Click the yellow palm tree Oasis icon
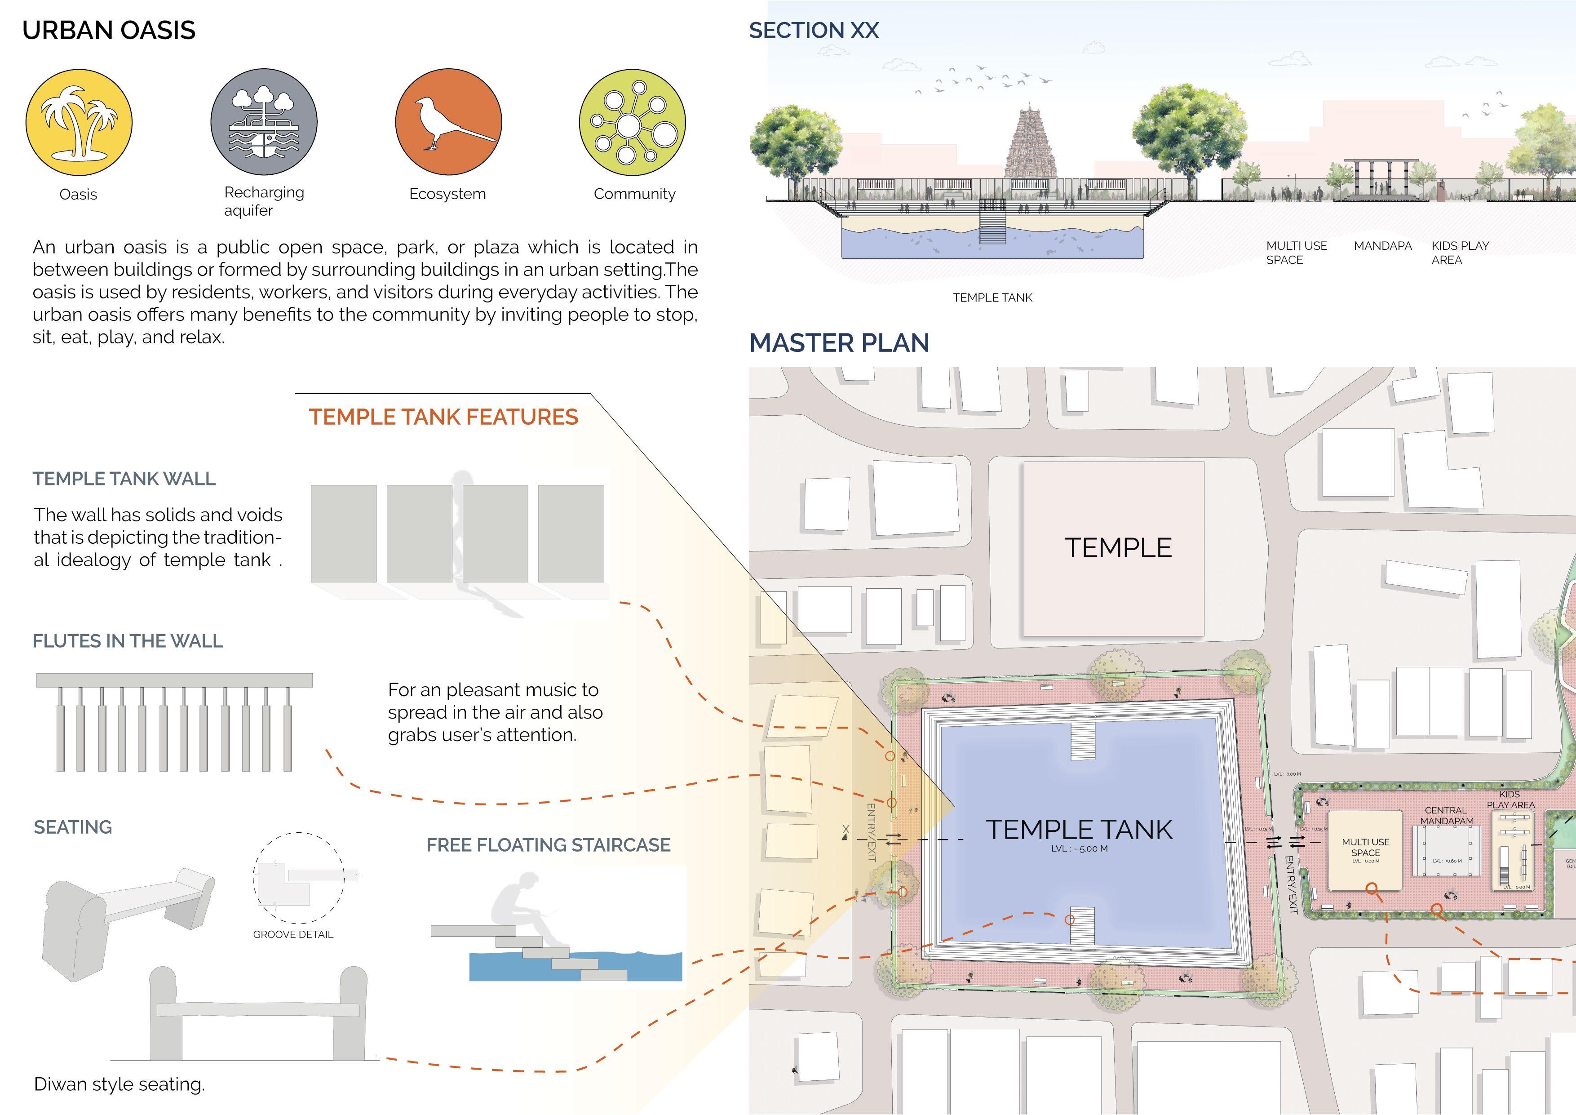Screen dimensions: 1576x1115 pyautogui.click(x=79, y=122)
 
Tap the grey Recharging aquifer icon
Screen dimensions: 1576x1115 pyautogui.click(x=264, y=122)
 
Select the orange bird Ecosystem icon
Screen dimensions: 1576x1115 pyautogui.click(x=448, y=122)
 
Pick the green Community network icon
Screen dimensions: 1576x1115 pyautogui.click(x=632, y=122)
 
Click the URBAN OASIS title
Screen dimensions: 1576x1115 pyautogui.click(x=108, y=30)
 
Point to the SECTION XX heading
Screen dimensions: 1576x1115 pyautogui.click(x=814, y=30)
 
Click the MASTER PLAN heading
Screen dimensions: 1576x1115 pyautogui.click(x=839, y=342)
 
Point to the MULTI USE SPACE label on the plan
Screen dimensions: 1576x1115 pyautogui.click(x=1365, y=847)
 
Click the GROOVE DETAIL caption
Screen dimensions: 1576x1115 pyautogui.click(x=293, y=934)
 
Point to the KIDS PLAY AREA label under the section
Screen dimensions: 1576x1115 pyautogui.click(x=1460, y=253)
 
